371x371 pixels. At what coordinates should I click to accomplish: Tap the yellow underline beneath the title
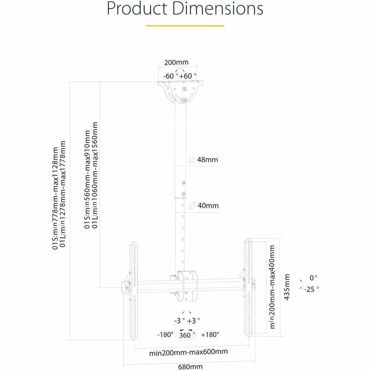click(185, 26)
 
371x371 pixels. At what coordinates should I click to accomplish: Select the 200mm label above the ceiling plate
click(176, 63)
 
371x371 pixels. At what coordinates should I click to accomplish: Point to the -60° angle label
click(169, 76)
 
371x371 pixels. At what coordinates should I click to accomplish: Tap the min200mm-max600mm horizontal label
click(183, 352)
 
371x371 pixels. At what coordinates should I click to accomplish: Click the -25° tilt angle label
click(312, 289)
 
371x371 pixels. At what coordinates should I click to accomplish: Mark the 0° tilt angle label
click(314, 278)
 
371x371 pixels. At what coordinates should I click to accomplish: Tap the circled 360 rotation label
click(185, 335)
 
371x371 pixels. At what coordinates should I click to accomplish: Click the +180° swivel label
click(210, 335)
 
